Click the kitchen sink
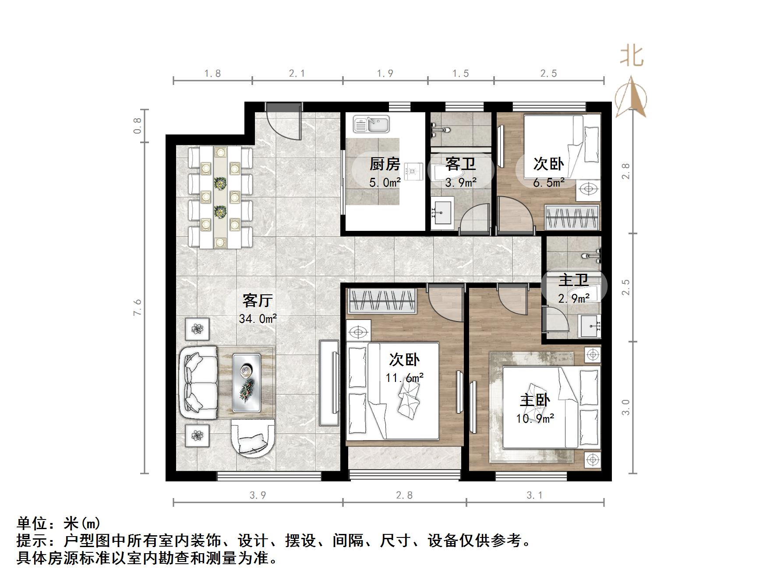[x=371, y=124]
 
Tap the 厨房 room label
[x=385, y=164]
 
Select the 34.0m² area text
[x=258, y=319]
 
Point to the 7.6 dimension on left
[x=138, y=307]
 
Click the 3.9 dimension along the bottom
[x=258, y=495]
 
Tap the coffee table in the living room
[x=247, y=383]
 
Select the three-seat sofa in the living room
[x=198, y=382]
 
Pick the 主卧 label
[x=535, y=400]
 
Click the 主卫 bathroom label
[x=573, y=280]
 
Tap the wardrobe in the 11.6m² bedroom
[x=381, y=300]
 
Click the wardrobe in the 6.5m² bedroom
[x=572, y=217]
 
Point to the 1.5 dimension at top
[x=460, y=74]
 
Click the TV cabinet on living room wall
[x=329, y=383]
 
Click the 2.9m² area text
[x=573, y=299]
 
